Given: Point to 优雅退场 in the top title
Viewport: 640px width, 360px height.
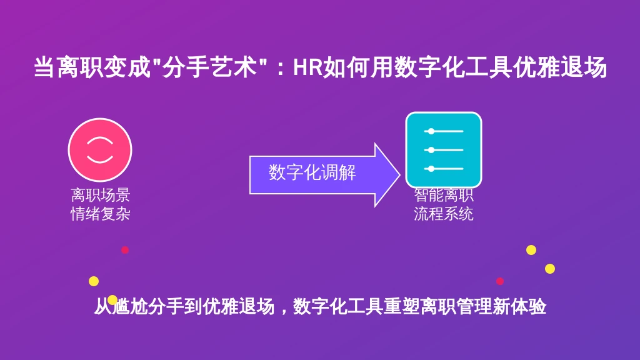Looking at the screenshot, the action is [x=560, y=67].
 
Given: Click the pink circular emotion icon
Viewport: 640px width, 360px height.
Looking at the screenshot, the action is [x=100, y=150].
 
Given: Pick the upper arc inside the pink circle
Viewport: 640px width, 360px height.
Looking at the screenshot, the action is [x=100, y=141].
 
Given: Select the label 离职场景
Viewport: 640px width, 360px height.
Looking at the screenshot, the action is [x=101, y=195].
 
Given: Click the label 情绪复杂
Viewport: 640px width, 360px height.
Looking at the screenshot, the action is [x=101, y=214].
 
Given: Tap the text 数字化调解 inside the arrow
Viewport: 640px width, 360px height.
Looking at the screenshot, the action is [x=312, y=172].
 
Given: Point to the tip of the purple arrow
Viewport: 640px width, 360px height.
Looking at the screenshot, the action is [x=399, y=175].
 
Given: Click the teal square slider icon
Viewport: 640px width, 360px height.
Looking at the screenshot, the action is [x=444, y=150].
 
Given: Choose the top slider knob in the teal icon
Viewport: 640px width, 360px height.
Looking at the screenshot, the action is [x=431, y=131].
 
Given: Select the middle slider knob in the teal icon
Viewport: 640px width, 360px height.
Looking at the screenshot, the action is [x=431, y=150].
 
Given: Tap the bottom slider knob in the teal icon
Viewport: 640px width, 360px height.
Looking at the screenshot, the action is [x=431, y=169].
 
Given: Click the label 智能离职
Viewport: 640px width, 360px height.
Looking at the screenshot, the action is [x=444, y=196].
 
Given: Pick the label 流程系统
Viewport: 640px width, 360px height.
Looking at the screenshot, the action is [x=444, y=214].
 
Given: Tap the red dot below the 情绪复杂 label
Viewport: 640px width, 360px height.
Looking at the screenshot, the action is [x=125, y=250].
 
